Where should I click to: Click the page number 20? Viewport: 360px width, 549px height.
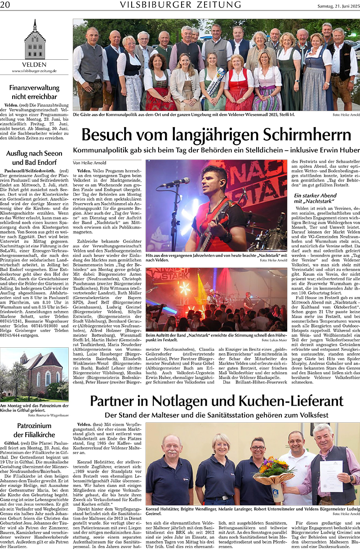(5, 4)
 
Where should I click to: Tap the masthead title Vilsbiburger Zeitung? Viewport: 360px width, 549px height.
(181, 4)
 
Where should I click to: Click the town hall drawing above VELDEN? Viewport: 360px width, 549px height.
(35, 40)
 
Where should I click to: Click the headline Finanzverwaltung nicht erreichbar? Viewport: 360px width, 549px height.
(34, 92)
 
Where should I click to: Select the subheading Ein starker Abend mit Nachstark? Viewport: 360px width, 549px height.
(315, 198)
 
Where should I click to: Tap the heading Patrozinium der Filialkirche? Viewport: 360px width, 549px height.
(34, 430)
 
